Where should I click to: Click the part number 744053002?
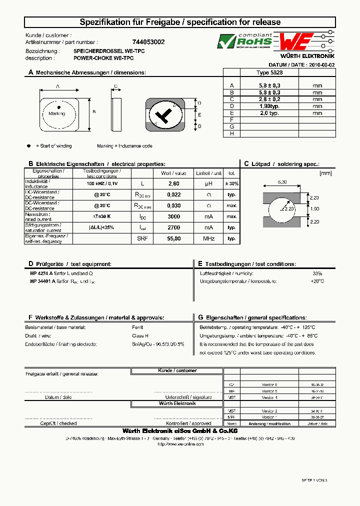pyautogui.click(x=149, y=42)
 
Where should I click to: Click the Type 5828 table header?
pyautogui.click(x=269, y=72)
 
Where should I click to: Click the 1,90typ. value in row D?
pyautogui.click(x=269, y=106)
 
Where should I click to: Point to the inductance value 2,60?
pyautogui.click(x=173, y=183)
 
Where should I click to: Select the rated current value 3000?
pyautogui.click(x=173, y=216)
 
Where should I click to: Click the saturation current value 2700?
pyautogui.click(x=173, y=227)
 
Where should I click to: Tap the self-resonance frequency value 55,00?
pyautogui.click(x=173, y=238)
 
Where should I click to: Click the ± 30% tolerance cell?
pyautogui.click(x=231, y=183)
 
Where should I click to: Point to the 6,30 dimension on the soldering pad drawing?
pyautogui.click(x=282, y=182)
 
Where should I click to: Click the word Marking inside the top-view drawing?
pyautogui.click(x=56, y=113)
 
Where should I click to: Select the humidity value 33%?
pyautogui.click(x=317, y=273)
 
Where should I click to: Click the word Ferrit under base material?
pyautogui.click(x=138, y=327)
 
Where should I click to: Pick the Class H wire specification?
pyautogui.click(x=140, y=335)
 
